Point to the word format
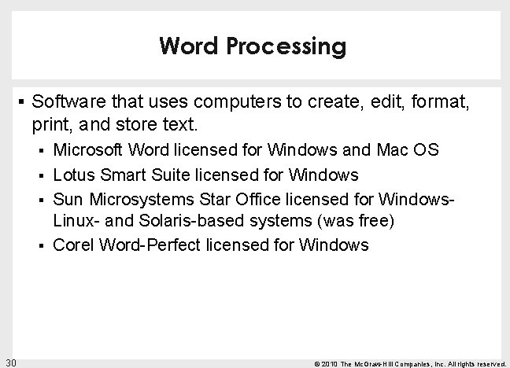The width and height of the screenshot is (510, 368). pyautogui.click(x=446, y=101)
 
